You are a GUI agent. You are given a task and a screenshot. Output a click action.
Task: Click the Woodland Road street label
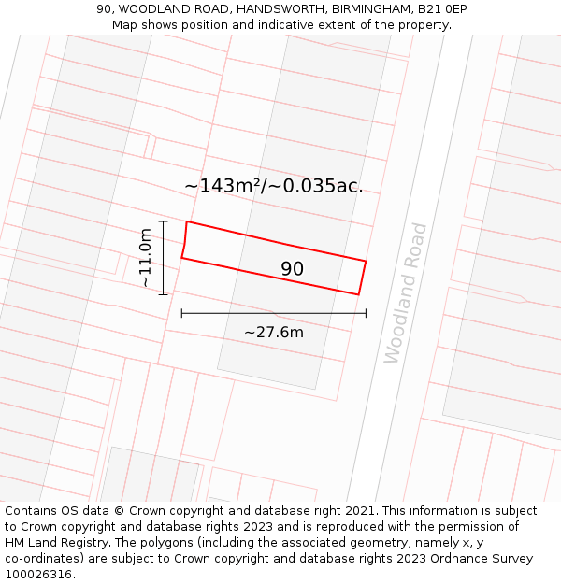tap(406, 292)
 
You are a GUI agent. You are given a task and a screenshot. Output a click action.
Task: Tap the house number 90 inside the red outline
tap(292, 269)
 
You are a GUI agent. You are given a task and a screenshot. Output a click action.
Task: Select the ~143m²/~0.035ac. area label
tap(273, 186)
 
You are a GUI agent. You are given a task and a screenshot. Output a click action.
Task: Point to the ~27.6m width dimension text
tap(274, 333)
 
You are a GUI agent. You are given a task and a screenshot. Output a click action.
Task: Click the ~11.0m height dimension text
tap(145, 258)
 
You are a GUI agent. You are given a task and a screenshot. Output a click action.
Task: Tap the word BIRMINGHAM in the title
tap(370, 9)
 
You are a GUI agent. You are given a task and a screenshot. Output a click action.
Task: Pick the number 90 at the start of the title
tap(104, 9)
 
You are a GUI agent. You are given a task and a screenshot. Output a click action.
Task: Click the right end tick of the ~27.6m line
tap(366, 313)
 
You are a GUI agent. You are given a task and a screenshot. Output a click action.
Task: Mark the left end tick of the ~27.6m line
tap(181, 313)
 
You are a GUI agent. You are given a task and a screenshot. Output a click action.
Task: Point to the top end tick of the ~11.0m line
tap(164, 221)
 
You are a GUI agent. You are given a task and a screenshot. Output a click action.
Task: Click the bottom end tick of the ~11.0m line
tap(164, 294)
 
